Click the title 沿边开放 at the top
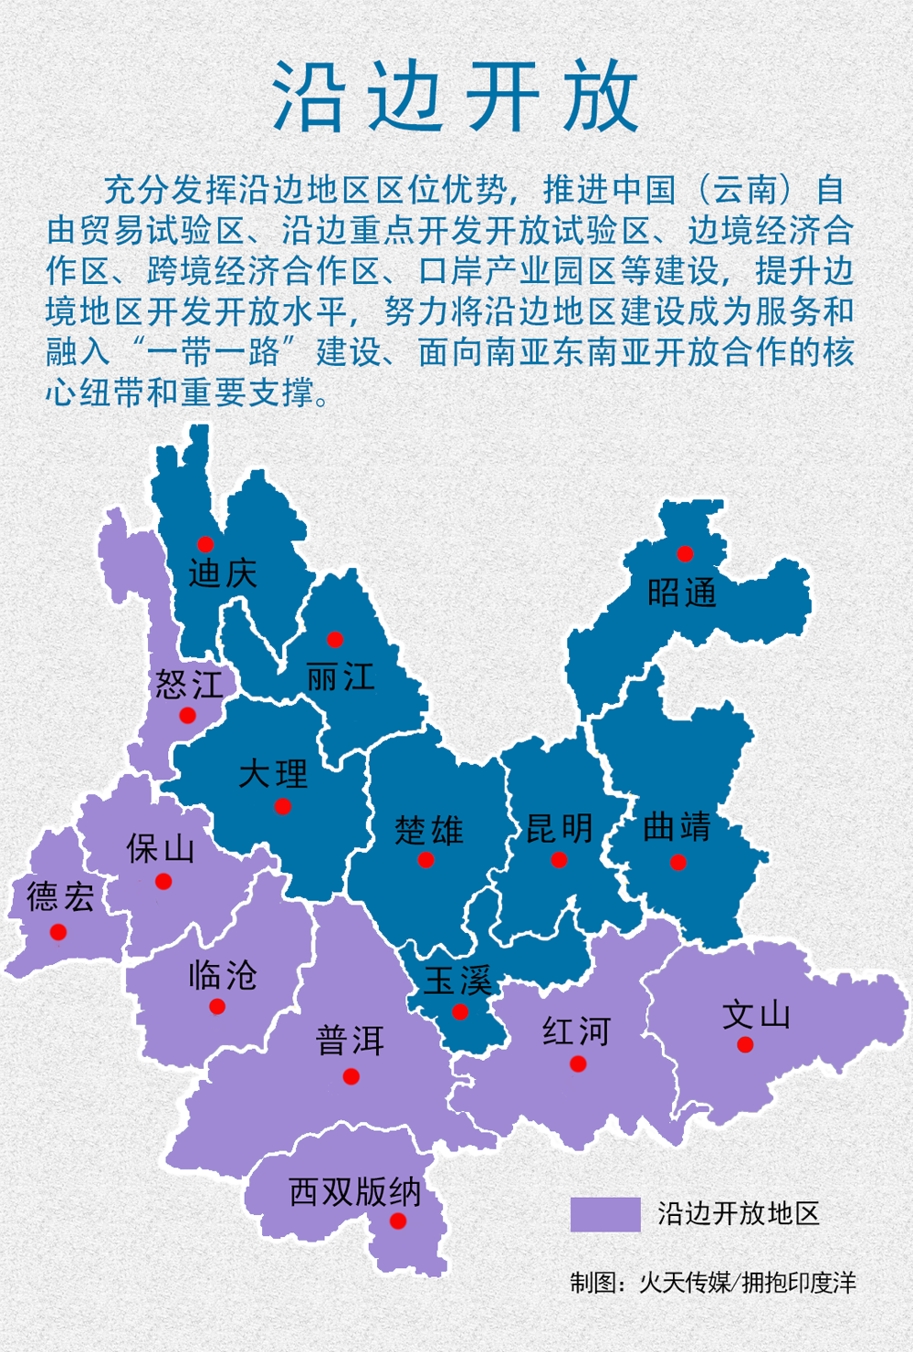(456, 97)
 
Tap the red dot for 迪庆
(205, 545)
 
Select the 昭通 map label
(682, 593)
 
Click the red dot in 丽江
(335, 639)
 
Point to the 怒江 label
(189, 684)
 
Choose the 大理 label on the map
(273, 774)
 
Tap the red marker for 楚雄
(425, 860)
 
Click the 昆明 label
(560, 828)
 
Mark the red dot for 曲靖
(677, 863)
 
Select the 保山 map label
(161, 848)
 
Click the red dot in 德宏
(58, 932)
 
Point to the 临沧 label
(223, 975)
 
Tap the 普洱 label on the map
(350, 1040)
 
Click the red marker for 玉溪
(460, 1011)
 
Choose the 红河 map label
(576, 1032)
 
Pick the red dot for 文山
(745, 1045)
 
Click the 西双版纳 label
(355, 1191)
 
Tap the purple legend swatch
(605, 1214)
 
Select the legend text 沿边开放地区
(739, 1213)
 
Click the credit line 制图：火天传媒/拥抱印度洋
(713, 1283)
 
